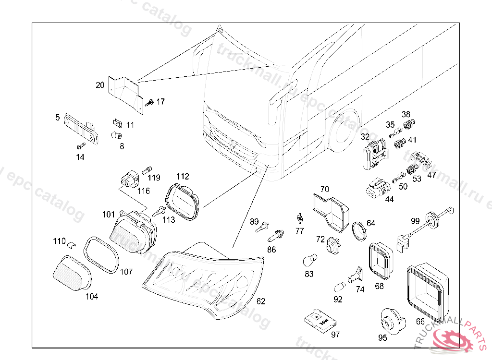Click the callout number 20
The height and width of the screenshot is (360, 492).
click(100, 85)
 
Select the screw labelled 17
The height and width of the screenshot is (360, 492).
click(149, 102)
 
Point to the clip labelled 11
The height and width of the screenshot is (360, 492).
click(116, 123)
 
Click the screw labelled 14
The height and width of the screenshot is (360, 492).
click(80, 145)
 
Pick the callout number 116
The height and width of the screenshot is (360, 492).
click(144, 191)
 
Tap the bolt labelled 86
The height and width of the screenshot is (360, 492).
click(276, 236)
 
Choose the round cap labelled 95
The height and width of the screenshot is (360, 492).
click(389, 320)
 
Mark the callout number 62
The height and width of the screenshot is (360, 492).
click(260, 301)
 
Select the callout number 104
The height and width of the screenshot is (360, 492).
click(92, 297)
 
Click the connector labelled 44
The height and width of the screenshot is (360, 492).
click(378, 189)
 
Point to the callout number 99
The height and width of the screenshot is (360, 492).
click(416, 221)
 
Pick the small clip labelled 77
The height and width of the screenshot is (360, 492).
click(299, 219)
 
